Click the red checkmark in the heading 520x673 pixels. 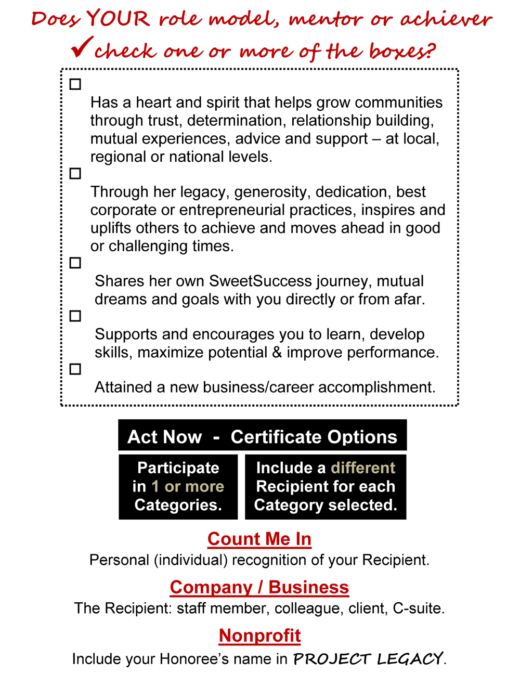coord(82,47)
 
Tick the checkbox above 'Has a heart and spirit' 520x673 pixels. coord(75,84)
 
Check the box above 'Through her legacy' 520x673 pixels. coord(75,174)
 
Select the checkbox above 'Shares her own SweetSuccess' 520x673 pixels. coord(75,263)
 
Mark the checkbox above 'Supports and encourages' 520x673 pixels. coord(75,316)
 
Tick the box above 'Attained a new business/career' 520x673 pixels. coord(75,369)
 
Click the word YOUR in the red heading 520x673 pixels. coord(119,19)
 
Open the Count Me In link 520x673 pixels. coord(259,539)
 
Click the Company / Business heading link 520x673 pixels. coord(259,587)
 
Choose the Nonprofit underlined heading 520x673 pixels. coord(259,635)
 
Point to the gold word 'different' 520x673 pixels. coord(363,468)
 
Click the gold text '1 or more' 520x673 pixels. coord(188,486)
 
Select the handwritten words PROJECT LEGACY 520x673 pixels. coord(368,659)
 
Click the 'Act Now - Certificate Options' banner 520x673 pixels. coord(262,436)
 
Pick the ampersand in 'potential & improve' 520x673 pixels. coord(277,353)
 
